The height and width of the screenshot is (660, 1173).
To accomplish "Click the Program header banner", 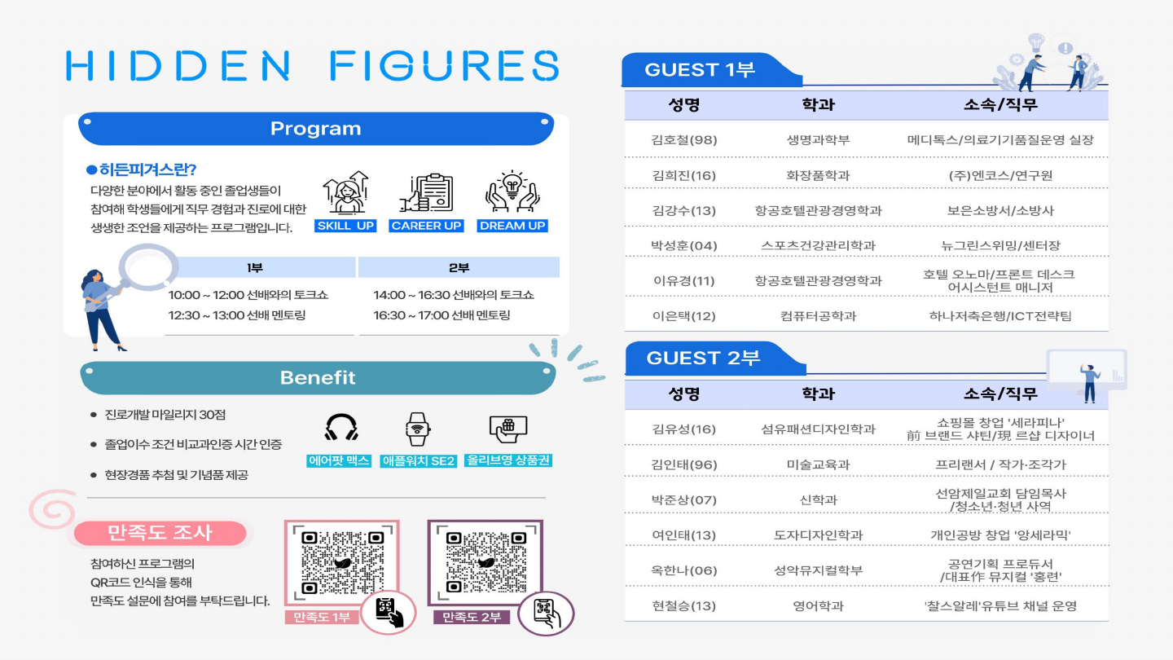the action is [316, 129].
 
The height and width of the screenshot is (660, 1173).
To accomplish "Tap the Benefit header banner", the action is [318, 377].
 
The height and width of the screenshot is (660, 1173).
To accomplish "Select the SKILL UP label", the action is [345, 226].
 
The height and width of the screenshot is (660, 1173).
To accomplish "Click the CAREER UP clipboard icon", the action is [426, 193].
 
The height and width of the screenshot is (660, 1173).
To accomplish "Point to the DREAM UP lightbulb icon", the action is [512, 191].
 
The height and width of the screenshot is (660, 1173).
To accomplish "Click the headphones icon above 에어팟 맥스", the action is [340, 428].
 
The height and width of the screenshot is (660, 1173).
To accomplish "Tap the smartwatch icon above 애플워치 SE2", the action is [417, 429].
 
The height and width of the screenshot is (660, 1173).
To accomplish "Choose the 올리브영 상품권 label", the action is [508, 460].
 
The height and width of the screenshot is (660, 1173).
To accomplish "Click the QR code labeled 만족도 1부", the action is [342, 563].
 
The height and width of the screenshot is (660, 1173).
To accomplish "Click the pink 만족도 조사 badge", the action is [160, 533].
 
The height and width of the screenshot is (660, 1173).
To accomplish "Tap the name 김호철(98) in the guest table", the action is [684, 140].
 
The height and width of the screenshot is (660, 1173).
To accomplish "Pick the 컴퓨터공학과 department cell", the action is [818, 316].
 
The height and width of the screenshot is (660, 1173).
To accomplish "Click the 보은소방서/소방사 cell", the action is [1000, 210].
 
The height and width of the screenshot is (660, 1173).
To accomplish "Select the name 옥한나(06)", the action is [684, 570].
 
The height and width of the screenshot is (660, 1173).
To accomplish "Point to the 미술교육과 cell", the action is [818, 464].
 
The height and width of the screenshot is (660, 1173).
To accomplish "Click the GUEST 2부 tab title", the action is [703, 359].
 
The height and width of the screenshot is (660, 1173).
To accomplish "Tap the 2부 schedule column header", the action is [459, 267].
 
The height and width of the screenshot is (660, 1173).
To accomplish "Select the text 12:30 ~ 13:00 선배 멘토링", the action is [237, 315].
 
